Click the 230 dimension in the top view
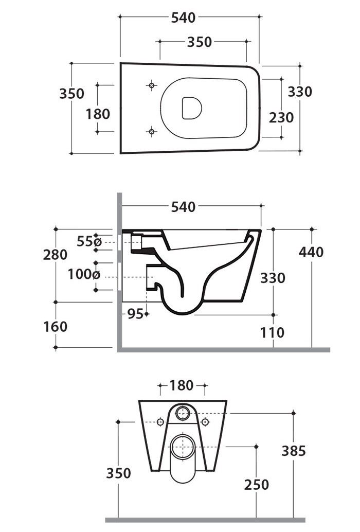[281, 117]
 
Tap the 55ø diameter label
[89, 241]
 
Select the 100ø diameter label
[84, 274]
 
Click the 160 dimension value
[56, 326]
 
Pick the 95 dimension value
[135, 314]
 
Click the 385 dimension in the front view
[294, 451]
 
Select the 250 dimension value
[257, 484]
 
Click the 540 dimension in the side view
[183, 207]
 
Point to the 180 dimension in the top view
[98, 113]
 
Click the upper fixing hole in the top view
[151, 85]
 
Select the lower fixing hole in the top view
[151, 132]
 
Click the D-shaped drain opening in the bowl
[191, 108]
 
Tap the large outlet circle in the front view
[182, 446]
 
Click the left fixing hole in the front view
[160, 422]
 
